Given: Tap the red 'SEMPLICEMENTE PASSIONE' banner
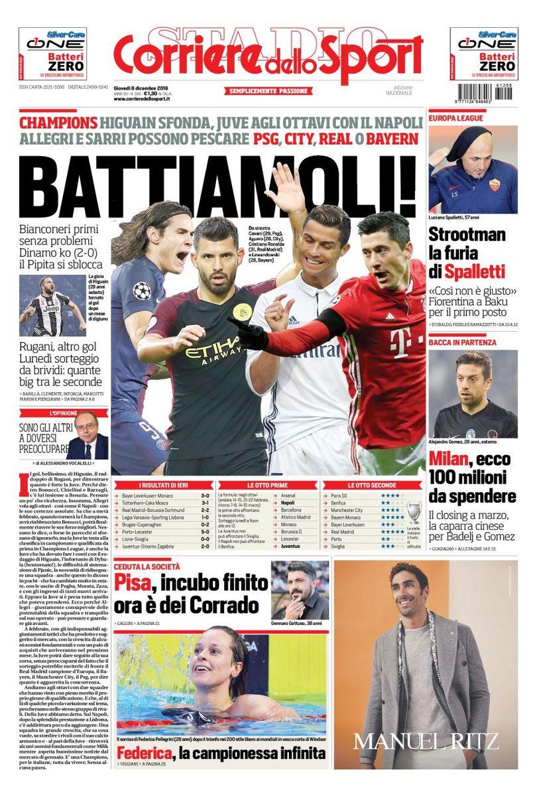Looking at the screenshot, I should (x=268, y=91).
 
